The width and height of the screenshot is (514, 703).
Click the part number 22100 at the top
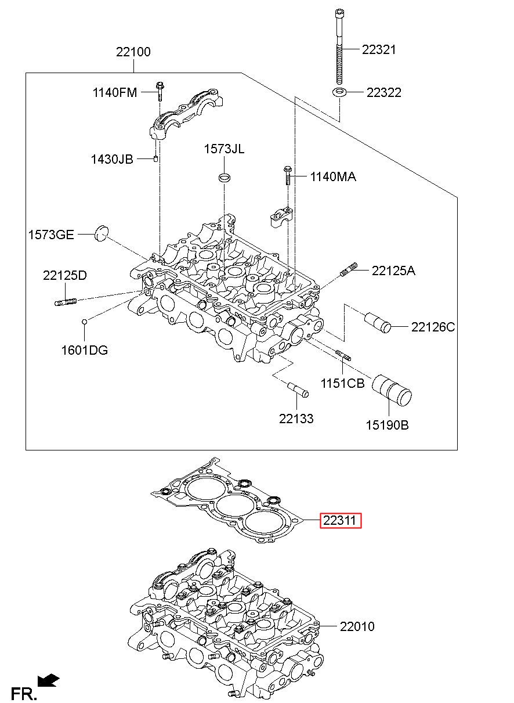pyautogui.click(x=133, y=52)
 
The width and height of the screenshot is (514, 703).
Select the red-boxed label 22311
pyautogui.click(x=341, y=520)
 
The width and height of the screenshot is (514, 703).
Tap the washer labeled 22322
pyautogui.click(x=339, y=92)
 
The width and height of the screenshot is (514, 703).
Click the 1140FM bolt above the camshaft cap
pyautogui.click(x=160, y=91)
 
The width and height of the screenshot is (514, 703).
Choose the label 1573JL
pyautogui.click(x=224, y=149)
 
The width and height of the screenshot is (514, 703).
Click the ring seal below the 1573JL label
pyautogui.click(x=225, y=177)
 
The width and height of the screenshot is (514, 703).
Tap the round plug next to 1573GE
pyautogui.click(x=102, y=233)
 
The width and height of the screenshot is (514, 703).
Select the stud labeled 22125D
pyautogui.click(x=66, y=302)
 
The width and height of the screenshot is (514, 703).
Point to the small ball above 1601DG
pyautogui.click(x=84, y=322)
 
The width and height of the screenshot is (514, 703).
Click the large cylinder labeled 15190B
pyautogui.click(x=392, y=390)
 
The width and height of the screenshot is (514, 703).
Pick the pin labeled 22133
pyautogui.click(x=298, y=390)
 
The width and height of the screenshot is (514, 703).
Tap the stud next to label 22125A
pyautogui.click(x=349, y=269)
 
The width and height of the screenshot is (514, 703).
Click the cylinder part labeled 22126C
pyautogui.click(x=377, y=322)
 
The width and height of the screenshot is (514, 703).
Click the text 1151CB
pyautogui.click(x=342, y=383)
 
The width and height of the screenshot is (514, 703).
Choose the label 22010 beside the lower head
pyautogui.click(x=357, y=626)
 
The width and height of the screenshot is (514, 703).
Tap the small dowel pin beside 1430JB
pyautogui.click(x=155, y=158)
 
